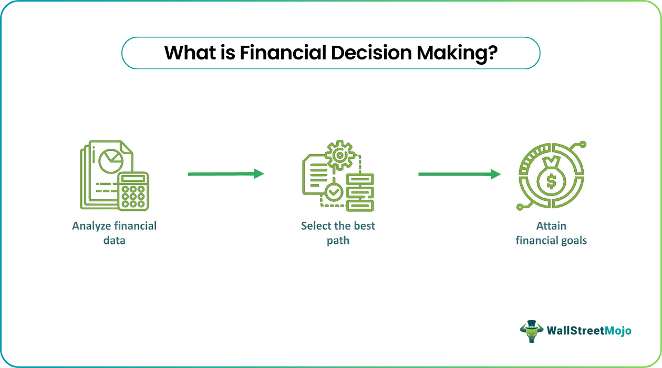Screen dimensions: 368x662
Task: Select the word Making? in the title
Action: coord(456,53)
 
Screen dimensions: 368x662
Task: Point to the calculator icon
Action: coord(133,190)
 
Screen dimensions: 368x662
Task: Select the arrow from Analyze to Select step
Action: coord(225,174)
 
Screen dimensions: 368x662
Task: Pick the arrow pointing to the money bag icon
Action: coord(459,174)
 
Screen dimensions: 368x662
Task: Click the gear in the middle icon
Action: coord(338,155)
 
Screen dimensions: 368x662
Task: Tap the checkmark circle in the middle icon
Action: coord(333,192)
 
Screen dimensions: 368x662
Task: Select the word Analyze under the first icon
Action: coord(91,226)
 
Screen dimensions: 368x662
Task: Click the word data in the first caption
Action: coord(115,241)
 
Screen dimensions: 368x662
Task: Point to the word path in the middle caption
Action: coord(338,241)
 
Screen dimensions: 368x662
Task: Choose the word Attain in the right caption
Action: coord(551,226)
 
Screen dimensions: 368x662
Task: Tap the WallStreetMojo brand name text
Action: coord(589,331)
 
